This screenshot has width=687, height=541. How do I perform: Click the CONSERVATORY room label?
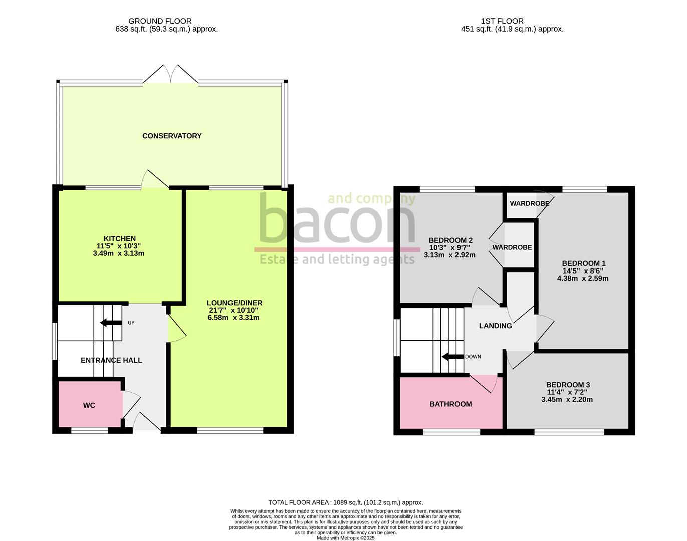[x=172, y=136]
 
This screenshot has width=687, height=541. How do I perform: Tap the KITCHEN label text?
[x=120, y=239]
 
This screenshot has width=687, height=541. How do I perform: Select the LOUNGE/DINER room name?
[x=235, y=303]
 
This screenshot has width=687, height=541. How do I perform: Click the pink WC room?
[x=89, y=405]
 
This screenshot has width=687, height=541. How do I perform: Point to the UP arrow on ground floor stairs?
[x=111, y=322]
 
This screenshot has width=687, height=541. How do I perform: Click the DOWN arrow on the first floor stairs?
[x=452, y=357]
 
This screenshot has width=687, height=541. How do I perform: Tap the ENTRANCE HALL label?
[x=111, y=360]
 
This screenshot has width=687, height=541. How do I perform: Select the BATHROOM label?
[x=450, y=404]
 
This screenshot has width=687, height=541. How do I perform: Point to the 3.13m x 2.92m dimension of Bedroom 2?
[x=449, y=255]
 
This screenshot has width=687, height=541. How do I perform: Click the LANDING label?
[x=495, y=326]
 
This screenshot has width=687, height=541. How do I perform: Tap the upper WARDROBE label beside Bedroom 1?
[x=529, y=203]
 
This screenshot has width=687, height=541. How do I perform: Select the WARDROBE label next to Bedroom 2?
[x=512, y=247]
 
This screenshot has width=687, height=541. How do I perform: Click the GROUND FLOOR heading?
[x=160, y=21]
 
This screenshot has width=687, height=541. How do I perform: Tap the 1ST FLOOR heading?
[x=502, y=21]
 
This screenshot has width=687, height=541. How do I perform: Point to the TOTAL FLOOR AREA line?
[x=345, y=502]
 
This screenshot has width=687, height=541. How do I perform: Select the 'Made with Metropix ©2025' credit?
[x=345, y=538]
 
